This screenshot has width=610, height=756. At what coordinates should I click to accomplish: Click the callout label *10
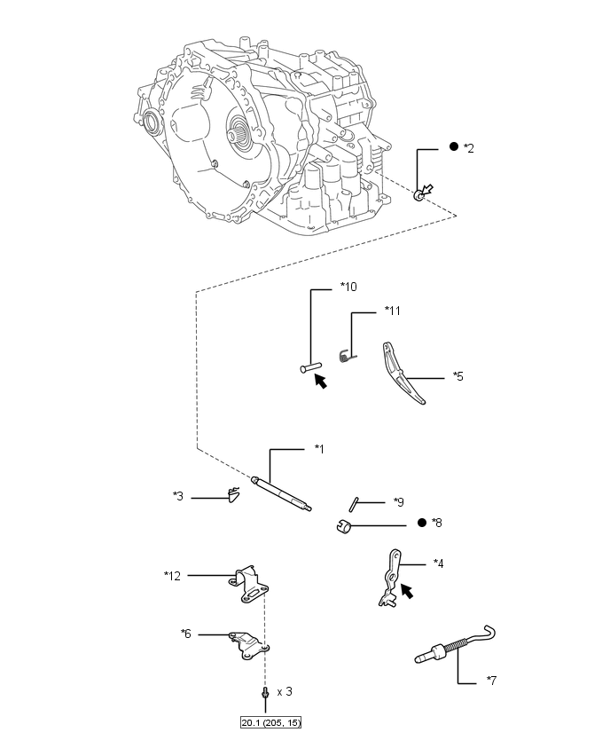point(348,287)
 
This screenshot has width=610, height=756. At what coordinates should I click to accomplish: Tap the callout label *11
point(393,311)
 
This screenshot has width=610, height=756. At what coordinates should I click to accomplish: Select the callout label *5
point(457,376)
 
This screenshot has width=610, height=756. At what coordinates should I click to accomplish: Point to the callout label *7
point(491,681)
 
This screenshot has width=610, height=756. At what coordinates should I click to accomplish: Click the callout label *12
point(172,576)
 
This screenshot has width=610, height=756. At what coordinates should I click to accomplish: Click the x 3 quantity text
point(285,691)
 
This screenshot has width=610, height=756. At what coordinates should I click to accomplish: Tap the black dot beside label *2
point(453,146)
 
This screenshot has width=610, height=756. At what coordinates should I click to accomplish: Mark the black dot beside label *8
point(422,523)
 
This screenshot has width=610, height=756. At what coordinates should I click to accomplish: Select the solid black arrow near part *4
point(407,591)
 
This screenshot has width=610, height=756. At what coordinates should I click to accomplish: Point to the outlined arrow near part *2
point(426,190)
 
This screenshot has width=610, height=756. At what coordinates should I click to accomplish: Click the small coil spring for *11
point(347,357)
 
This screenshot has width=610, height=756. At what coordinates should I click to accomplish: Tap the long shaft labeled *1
point(282,493)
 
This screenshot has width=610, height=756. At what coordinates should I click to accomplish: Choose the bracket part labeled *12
point(248,585)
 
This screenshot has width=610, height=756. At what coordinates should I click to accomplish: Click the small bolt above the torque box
point(264,692)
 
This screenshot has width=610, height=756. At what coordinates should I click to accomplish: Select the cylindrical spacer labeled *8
point(344,526)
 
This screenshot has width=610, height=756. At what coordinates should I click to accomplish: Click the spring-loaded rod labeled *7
point(456,646)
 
